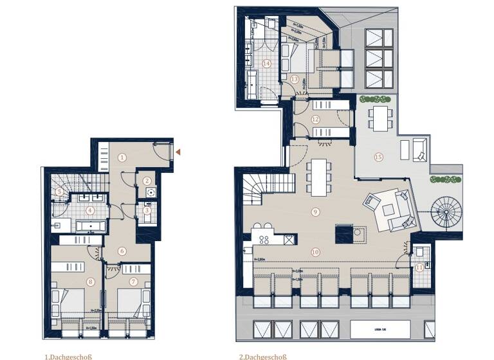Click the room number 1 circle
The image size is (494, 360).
click(x=122, y=157)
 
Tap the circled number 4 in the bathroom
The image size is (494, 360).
click(x=90, y=210)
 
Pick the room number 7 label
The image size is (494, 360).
click(x=134, y=281)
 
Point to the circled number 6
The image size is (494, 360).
click(x=122, y=251)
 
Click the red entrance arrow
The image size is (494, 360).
click(x=178, y=152)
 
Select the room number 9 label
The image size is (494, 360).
click(x=315, y=212)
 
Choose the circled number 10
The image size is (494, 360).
click(x=315, y=251)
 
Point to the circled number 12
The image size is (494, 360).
click(x=315, y=119)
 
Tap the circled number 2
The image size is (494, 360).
click(x=147, y=181)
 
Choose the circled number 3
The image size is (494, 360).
click(x=147, y=210)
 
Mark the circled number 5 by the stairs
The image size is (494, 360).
click(x=59, y=191)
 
